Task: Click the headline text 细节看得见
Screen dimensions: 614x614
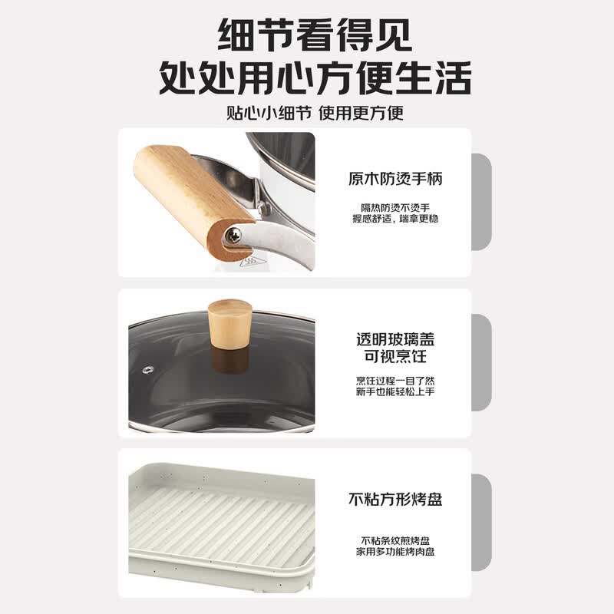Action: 315,35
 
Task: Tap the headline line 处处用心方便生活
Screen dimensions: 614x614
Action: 315,78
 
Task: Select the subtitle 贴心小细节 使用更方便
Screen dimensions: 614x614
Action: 315,113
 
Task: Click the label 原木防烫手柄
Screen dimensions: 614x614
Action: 395,179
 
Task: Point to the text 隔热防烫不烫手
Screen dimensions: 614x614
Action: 395,207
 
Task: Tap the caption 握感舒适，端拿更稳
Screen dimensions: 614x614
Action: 395,219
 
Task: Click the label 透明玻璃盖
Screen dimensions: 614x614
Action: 395,339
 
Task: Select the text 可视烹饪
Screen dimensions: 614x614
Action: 395,356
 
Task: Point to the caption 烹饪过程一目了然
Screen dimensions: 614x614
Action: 395,381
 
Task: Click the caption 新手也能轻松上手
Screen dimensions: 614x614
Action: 395,391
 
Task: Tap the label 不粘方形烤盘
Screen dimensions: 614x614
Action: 395,500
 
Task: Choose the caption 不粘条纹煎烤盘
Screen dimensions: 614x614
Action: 395,541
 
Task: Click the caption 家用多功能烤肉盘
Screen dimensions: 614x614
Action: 395,552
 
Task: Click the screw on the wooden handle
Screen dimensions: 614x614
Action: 233,236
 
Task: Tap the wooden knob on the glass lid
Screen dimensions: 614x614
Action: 229,323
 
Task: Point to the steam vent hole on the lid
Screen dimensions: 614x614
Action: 147,369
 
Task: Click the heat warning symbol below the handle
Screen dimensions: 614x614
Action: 247,262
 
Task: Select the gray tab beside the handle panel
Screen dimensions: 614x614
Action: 481,202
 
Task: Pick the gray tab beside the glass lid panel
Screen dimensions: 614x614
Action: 481,362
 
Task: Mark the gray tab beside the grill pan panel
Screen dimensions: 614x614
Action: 481,523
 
